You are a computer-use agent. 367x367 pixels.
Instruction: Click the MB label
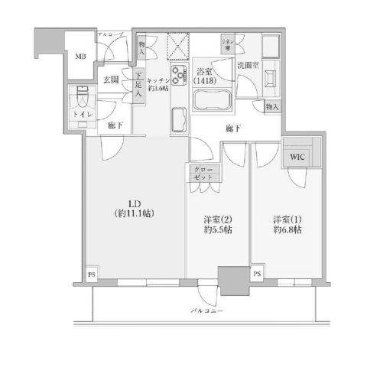click(x=80, y=56)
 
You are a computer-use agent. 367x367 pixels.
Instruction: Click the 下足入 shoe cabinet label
click(x=138, y=79)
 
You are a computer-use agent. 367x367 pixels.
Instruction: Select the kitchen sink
click(x=179, y=118)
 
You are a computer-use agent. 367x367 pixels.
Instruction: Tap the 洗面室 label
click(x=247, y=66)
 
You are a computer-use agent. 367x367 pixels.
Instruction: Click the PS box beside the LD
click(x=91, y=274)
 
